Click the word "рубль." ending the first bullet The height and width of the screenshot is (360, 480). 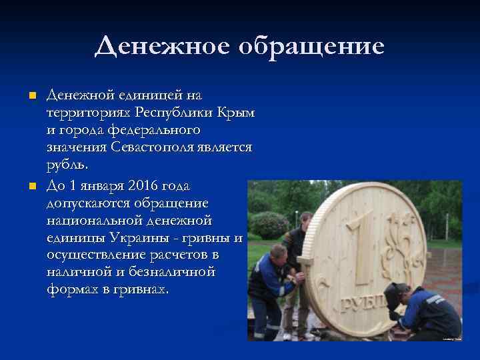tap(69, 164)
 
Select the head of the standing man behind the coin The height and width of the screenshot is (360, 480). tap(305, 219)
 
